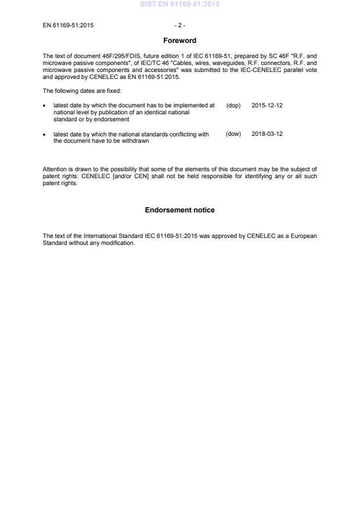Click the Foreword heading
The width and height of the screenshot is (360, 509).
[179, 41]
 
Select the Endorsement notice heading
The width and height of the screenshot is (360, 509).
[179, 210]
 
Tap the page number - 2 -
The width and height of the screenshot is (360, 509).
[179, 26]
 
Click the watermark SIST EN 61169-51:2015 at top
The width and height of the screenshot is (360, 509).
[179, 5]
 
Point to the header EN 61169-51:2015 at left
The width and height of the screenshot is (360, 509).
[69, 26]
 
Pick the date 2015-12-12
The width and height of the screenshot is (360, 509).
[267, 105]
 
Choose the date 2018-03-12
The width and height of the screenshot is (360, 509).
[267, 134]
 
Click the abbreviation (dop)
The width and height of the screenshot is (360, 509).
[233, 105]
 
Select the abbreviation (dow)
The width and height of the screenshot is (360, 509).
[233, 134]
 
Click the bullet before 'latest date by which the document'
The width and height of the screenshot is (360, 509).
[45, 106]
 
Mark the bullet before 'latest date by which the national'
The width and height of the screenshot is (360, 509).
[45, 135]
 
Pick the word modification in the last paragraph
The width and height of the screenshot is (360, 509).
[120, 243]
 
